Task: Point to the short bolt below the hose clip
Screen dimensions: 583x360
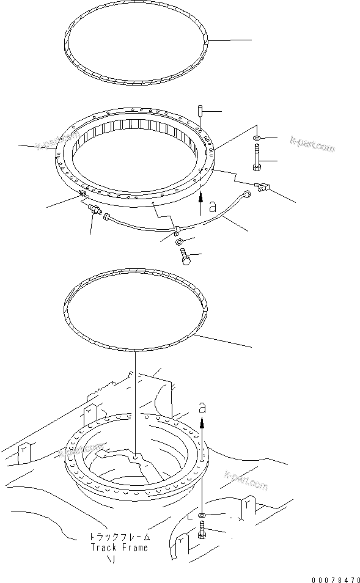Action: (x=186, y=258)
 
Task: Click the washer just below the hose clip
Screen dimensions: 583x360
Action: (x=180, y=243)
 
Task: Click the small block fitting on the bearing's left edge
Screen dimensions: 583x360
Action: (x=81, y=194)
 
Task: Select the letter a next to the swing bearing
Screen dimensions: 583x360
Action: (x=213, y=208)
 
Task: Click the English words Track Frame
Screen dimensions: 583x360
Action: (x=119, y=548)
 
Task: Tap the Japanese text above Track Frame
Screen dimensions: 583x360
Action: (x=119, y=537)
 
